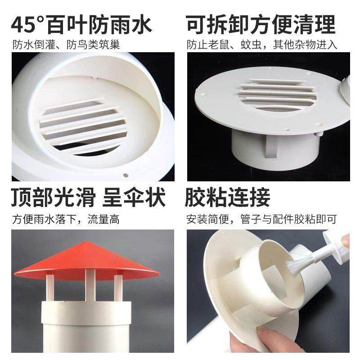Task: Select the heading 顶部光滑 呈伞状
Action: (x=88, y=198)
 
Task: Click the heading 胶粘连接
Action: (x=228, y=198)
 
